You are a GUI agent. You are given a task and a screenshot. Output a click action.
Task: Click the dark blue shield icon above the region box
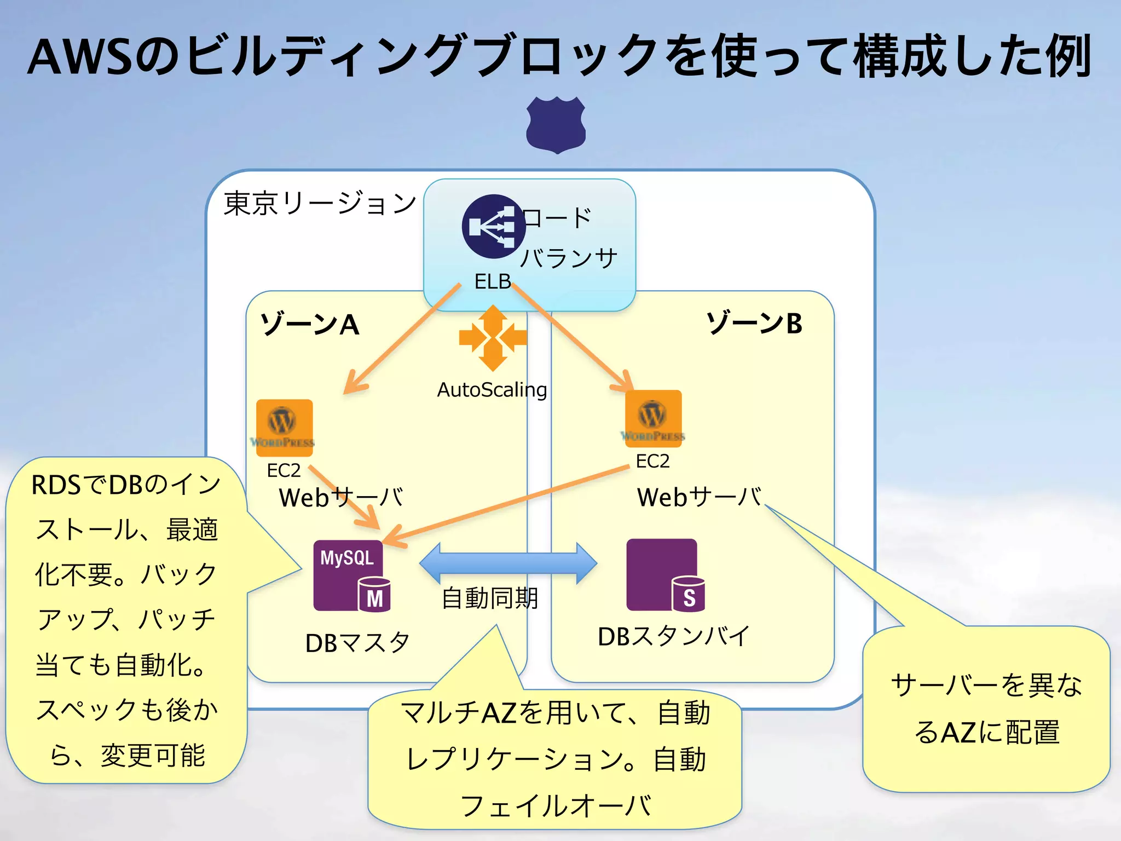pyautogui.click(x=556, y=124)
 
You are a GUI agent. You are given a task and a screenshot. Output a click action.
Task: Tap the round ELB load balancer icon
pyautogui.click(x=493, y=226)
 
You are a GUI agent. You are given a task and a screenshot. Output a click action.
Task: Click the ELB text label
pyautogui.click(x=492, y=281)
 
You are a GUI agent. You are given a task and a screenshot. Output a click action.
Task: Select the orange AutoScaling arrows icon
pyautogui.click(x=493, y=338)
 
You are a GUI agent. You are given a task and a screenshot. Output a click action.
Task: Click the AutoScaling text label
pyautogui.click(x=492, y=390)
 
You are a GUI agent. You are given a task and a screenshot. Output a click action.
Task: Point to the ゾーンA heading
pyautogui.click(x=310, y=324)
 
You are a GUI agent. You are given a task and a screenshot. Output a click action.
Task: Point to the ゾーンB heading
pyautogui.click(x=754, y=323)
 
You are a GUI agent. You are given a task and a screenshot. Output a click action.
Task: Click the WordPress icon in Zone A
pyautogui.click(x=284, y=428)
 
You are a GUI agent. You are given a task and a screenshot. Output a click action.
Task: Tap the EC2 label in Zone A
pyautogui.click(x=284, y=470)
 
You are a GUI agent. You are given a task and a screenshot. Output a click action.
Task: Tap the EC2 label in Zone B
pyautogui.click(x=652, y=461)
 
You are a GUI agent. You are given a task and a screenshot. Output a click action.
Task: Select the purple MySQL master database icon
pyautogui.click(x=350, y=575)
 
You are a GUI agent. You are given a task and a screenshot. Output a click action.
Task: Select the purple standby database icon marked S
pyautogui.click(x=664, y=575)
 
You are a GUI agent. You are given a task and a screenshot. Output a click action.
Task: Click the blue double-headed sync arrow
pyautogui.click(x=508, y=563)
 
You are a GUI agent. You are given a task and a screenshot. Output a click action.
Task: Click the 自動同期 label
pyautogui.click(x=490, y=598)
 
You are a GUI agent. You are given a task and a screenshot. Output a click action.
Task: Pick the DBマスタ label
pyautogui.click(x=357, y=643)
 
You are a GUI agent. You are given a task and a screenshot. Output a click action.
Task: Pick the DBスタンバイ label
pyautogui.click(x=673, y=636)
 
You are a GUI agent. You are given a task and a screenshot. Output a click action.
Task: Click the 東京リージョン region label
pyautogui.click(x=320, y=204)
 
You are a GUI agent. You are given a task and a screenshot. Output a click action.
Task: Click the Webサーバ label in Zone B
pyautogui.click(x=699, y=497)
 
